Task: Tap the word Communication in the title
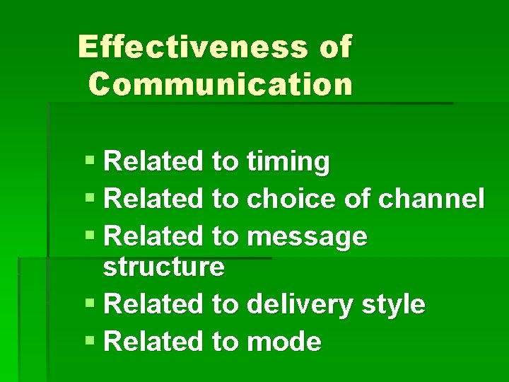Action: coord(221,83)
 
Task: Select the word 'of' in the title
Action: coord(335,47)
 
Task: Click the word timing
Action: coord(288,163)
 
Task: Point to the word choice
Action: coord(292,199)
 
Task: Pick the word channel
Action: coord(431,199)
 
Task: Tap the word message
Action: coord(308,236)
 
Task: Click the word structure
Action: coord(163,267)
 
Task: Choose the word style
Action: coord(393,305)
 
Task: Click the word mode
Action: coord(284,342)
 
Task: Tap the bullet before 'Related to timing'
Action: coord(90,162)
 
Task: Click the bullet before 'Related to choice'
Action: coord(90,199)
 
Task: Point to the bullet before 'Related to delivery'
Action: coord(90,304)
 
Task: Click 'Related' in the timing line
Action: coord(153,162)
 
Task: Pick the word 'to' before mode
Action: coord(226,342)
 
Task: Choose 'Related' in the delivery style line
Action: coord(153,304)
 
